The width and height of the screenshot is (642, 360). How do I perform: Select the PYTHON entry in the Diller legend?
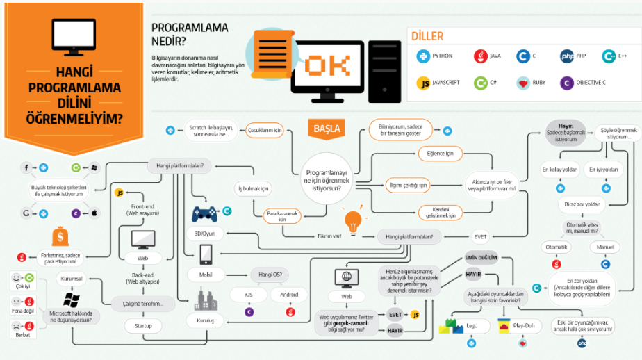tap(435, 56)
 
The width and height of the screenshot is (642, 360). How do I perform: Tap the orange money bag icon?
tap(60, 238)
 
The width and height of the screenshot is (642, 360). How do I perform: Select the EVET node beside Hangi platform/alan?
tap(480, 237)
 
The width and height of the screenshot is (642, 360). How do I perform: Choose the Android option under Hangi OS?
tap(288, 295)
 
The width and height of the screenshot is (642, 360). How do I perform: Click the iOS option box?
tap(249, 295)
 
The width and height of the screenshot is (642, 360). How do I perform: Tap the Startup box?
tap(143, 325)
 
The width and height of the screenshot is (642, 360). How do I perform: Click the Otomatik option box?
tap(557, 247)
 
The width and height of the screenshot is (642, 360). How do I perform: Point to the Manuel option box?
tap(605, 247)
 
